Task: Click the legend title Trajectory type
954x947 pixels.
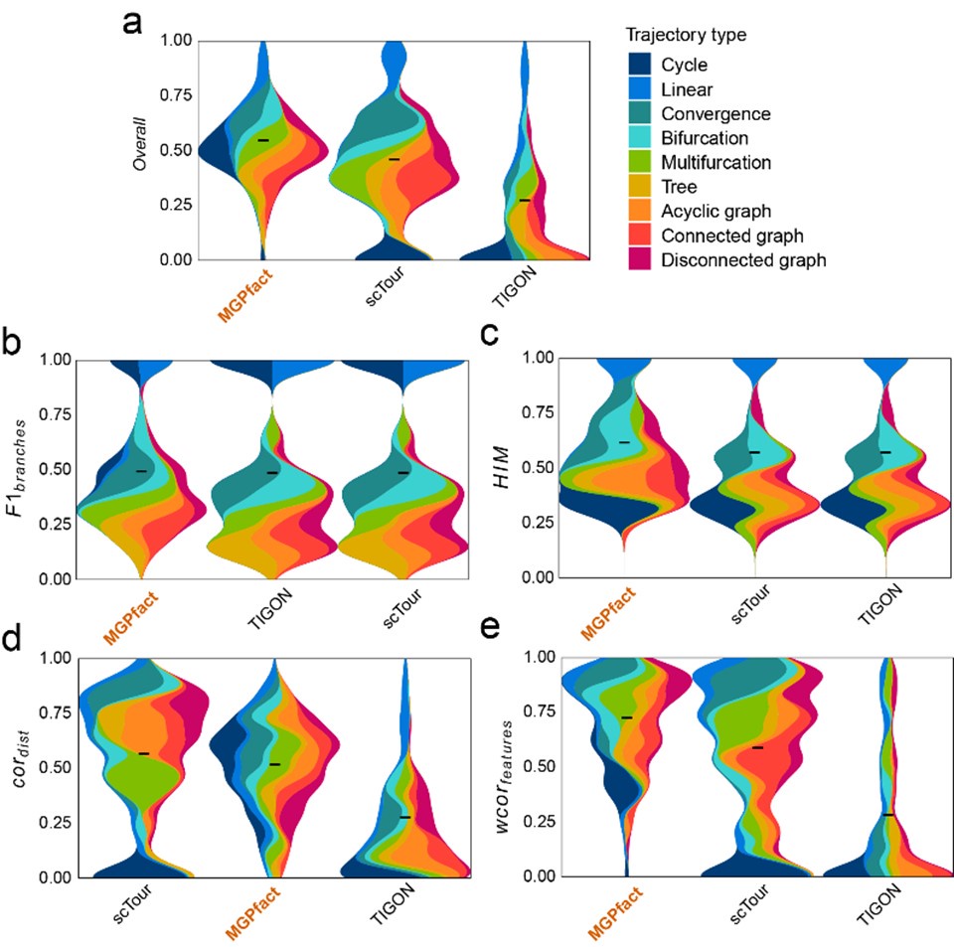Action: point(686,35)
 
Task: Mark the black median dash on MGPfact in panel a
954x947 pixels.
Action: point(263,141)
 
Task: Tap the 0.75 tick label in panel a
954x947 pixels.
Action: point(174,95)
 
